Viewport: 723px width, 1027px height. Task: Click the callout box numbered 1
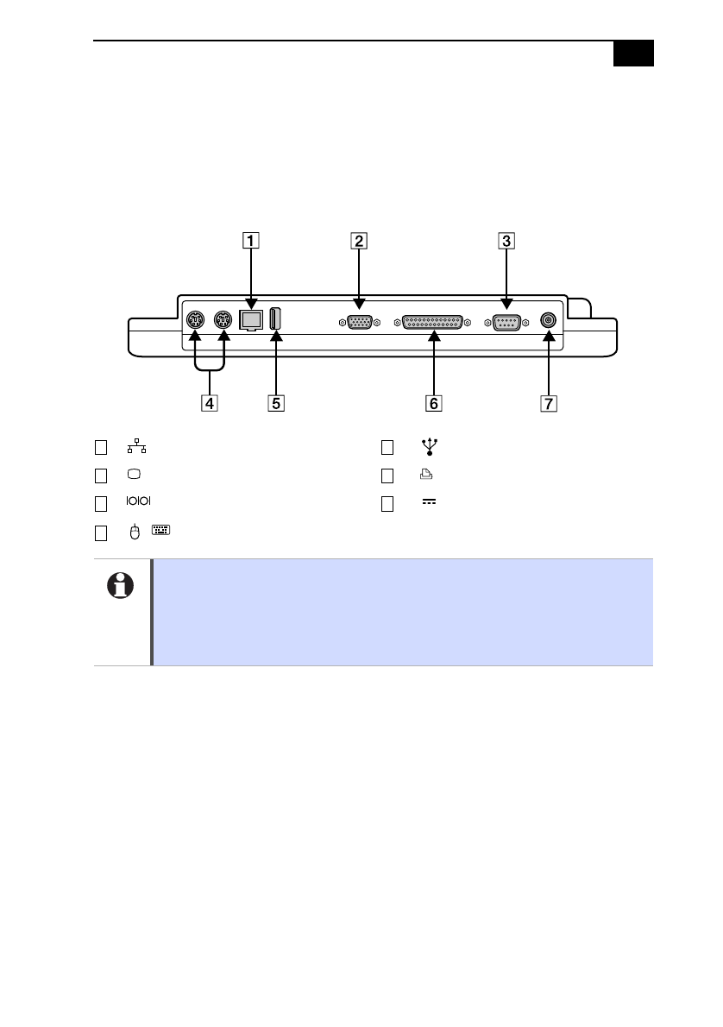point(251,241)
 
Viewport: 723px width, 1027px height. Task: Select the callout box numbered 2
point(359,241)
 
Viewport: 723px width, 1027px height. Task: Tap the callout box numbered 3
point(506,241)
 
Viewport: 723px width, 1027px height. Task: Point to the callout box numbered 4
point(210,404)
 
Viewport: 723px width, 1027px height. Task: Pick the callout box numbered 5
point(276,404)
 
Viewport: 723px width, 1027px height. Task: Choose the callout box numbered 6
point(433,404)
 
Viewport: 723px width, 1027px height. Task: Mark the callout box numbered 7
point(549,404)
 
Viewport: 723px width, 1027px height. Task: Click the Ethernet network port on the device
point(251,320)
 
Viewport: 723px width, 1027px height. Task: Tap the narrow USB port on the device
point(276,319)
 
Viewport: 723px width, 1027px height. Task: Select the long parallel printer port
point(432,322)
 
